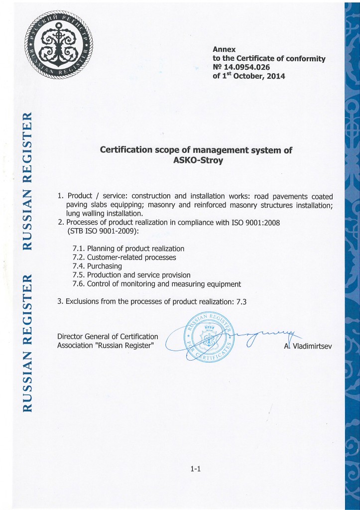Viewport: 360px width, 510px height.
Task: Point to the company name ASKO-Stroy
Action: pos(196,161)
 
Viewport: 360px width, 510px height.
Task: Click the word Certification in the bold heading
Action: pos(131,149)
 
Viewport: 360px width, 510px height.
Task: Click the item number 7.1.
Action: pos(79,249)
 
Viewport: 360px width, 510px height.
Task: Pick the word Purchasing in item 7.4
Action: pos(105,266)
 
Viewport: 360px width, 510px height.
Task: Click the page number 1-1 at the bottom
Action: pos(195,468)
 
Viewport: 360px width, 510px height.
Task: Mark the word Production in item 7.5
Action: pos(106,275)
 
